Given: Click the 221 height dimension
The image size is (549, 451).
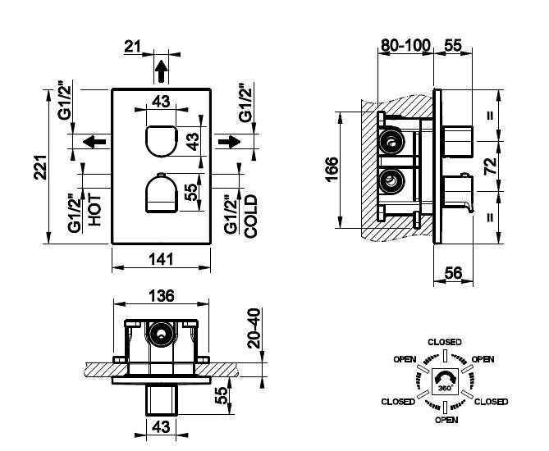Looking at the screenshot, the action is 40,167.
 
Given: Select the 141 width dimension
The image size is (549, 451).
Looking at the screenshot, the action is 161,259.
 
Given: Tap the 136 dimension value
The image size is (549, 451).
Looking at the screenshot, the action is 162,296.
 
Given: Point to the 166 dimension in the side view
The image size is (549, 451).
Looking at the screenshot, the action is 332,170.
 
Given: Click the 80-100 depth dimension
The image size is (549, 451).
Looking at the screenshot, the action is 405,45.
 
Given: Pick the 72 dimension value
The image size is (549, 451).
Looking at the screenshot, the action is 490,166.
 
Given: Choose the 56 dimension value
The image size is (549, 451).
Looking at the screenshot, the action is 454,272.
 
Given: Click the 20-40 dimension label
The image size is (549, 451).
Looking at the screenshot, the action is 254,328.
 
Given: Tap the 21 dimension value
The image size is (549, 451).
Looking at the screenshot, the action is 132,46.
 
